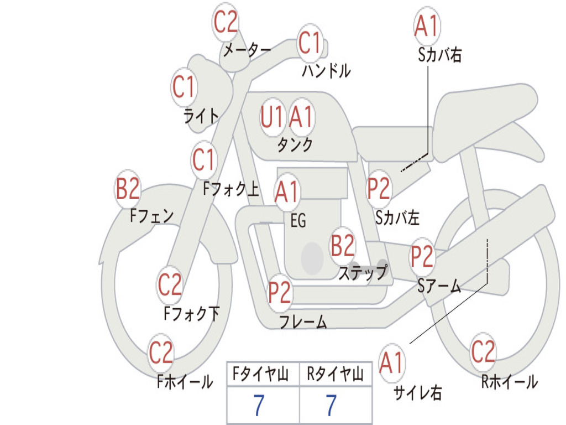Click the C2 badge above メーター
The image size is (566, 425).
[226, 22]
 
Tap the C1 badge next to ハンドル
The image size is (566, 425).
[310, 43]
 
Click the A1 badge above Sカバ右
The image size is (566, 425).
[426, 26]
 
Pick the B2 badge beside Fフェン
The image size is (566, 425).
[128, 189]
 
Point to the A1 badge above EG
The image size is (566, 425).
[287, 191]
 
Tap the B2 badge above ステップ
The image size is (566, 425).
[343, 246]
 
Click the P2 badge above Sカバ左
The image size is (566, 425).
[379, 188]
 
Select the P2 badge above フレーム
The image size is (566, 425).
[280, 292]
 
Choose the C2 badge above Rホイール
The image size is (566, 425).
[483, 351]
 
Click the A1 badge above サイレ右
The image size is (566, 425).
[391, 362]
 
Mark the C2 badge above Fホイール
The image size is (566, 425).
[161, 353]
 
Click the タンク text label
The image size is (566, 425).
[295, 144]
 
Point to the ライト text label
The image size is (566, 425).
[201, 116]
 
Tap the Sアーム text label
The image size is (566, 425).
[439, 286]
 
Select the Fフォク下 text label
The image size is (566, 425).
[192, 313]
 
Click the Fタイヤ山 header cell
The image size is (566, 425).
[263, 374]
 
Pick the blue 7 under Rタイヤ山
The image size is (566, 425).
[332, 405]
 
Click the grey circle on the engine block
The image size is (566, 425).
[312, 258]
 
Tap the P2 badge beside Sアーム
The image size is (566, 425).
[422, 256]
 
